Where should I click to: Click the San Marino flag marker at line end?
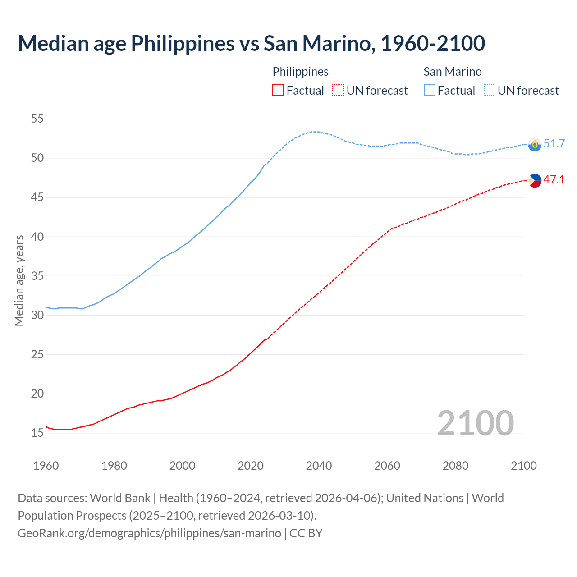click(535, 144)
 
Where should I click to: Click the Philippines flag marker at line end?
click(535, 180)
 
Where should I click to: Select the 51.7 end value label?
click(554, 144)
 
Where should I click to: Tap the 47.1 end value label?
click(554, 180)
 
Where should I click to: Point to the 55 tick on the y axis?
click(37, 119)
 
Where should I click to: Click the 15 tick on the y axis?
click(37, 433)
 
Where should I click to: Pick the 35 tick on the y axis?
click(37, 276)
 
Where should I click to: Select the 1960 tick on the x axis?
click(46, 466)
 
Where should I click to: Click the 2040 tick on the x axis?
click(319, 466)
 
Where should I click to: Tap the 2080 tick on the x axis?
click(455, 466)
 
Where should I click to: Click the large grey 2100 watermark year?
click(475, 423)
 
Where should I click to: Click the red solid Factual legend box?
click(278, 91)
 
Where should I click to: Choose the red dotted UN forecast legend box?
click(338, 91)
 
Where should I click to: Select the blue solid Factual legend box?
click(430, 91)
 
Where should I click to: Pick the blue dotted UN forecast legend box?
click(490, 91)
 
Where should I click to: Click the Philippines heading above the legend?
click(300, 72)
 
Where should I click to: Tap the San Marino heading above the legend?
click(452, 72)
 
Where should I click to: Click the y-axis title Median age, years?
click(19, 280)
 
